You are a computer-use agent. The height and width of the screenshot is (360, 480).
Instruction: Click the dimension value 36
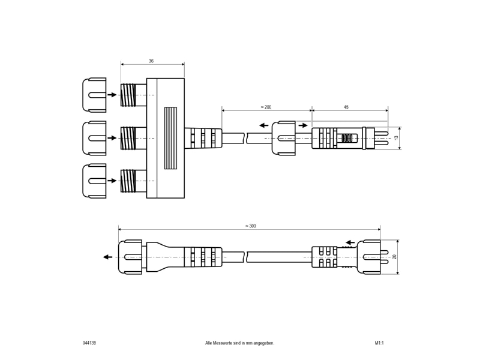click(x=151, y=61)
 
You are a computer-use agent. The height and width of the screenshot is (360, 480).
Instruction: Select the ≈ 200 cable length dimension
click(x=266, y=107)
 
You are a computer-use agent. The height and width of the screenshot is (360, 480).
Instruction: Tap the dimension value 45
click(x=346, y=107)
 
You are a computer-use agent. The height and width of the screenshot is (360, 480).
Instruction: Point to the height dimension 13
click(x=397, y=138)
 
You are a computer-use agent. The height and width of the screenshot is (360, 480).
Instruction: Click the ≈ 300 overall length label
click(x=250, y=226)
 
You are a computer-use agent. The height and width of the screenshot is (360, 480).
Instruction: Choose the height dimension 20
click(x=394, y=257)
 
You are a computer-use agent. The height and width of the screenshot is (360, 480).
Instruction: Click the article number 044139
click(x=89, y=343)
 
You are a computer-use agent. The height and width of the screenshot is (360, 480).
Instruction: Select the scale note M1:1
click(x=379, y=343)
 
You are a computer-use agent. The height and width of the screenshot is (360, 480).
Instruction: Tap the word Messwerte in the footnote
click(x=223, y=343)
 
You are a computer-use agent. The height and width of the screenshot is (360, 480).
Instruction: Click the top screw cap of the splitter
click(x=94, y=95)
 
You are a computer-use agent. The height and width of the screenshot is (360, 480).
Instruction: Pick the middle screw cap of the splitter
click(x=94, y=138)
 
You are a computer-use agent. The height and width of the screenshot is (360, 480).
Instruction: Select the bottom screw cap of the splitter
click(x=94, y=181)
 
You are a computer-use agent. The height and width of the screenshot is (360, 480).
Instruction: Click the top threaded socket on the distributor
click(x=133, y=95)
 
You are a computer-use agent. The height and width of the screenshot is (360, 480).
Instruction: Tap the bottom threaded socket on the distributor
click(x=133, y=181)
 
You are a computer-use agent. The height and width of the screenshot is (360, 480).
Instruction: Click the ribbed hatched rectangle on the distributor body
click(x=170, y=138)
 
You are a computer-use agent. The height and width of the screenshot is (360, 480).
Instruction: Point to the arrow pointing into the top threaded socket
click(x=112, y=95)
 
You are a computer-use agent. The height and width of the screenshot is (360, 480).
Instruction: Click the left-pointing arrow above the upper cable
click(x=264, y=125)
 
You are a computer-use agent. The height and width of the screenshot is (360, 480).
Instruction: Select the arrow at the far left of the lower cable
click(x=108, y=257)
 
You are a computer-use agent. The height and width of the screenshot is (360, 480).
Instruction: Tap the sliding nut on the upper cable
click(x=284, y=138)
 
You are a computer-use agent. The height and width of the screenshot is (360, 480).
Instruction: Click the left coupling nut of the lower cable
click(x=130, y=257)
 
